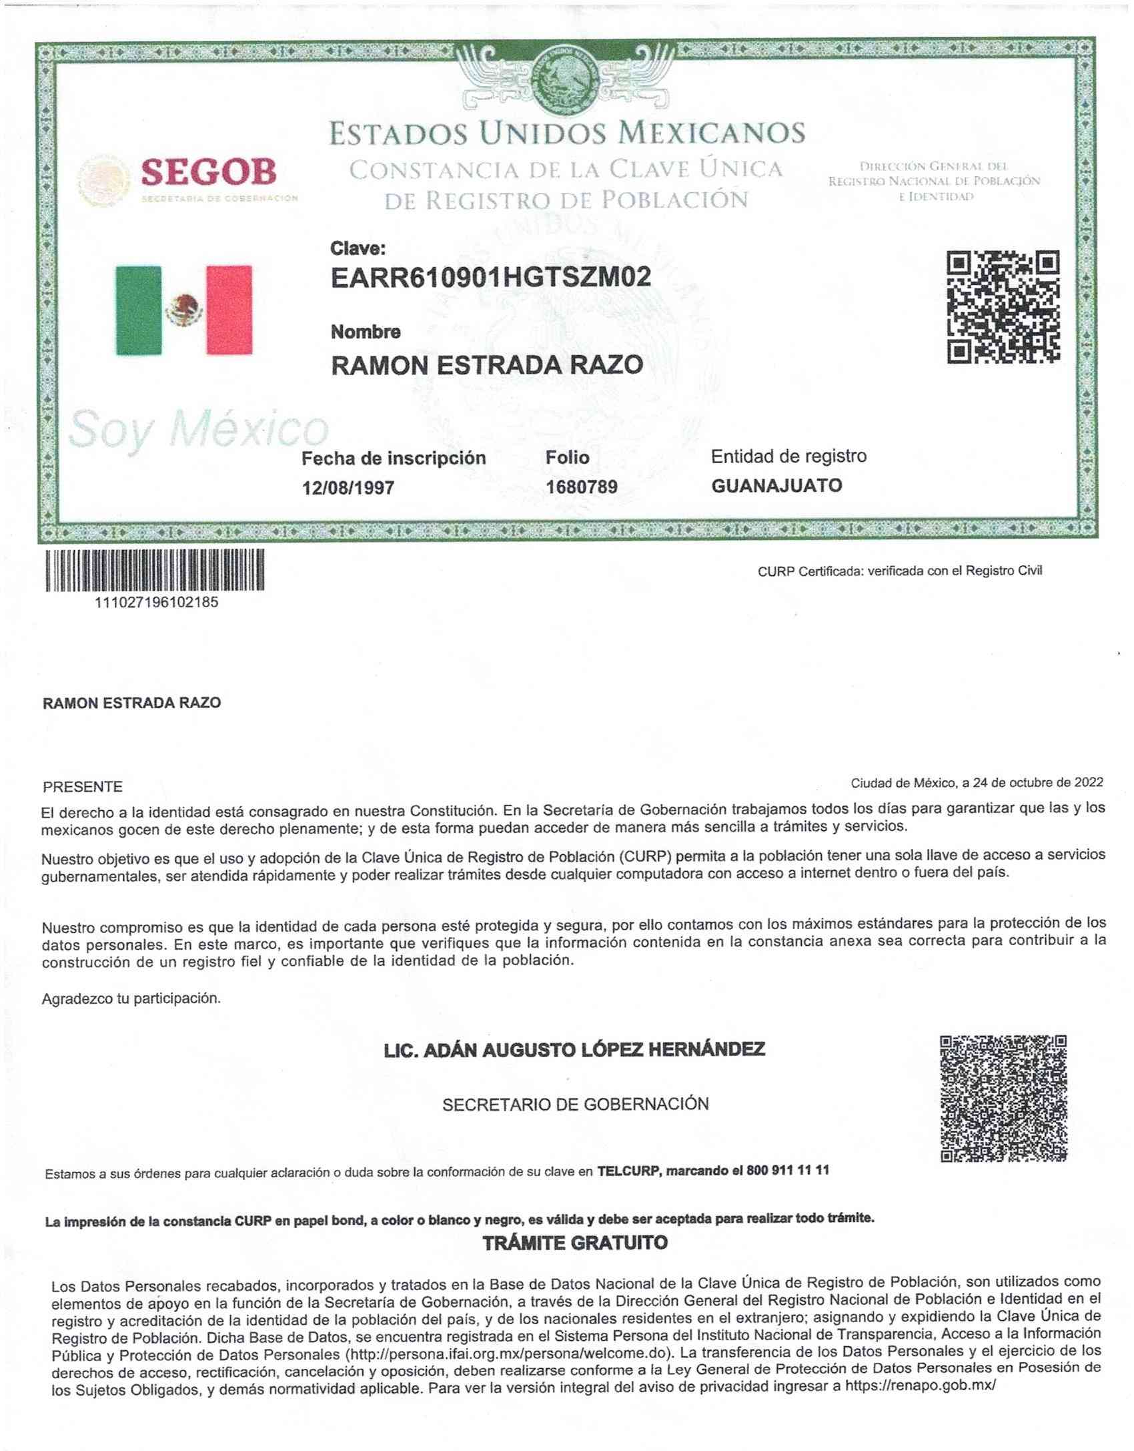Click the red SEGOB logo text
209,173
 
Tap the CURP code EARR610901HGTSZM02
490,277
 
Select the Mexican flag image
184,310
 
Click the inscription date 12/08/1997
348,488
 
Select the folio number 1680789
581,487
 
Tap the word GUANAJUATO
776,485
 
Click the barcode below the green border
155,569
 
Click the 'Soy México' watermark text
198,428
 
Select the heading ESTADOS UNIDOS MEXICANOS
567,133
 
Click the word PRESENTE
83,787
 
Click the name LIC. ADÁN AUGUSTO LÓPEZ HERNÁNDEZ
574,1050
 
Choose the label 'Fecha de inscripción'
394,458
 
